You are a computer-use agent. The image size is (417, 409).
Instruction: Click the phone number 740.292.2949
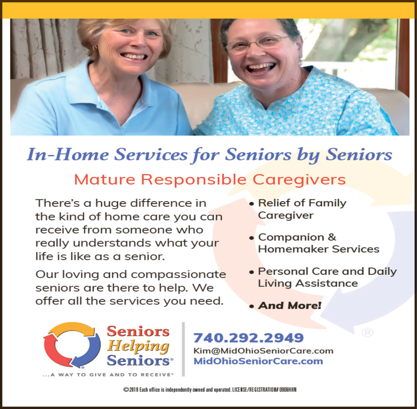click(x=249, y=338)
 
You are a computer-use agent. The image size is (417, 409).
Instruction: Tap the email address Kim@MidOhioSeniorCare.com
click(x=263, y=351)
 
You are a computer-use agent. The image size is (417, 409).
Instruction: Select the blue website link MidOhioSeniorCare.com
click(x=258, y=361)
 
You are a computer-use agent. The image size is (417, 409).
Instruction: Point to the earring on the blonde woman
click(x=94, y=48)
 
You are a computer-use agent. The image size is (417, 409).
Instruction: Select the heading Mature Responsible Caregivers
click(x=210, y=180)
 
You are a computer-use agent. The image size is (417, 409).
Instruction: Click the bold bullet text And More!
click(x=290, y=306)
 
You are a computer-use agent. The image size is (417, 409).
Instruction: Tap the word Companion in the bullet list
click(x=291, y=237)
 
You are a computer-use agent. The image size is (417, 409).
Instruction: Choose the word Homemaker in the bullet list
click(x=294, y=249)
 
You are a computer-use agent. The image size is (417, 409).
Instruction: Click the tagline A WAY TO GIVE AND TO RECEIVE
click(x=108, y=375)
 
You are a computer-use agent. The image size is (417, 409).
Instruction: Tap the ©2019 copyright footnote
click(x=210, y=389)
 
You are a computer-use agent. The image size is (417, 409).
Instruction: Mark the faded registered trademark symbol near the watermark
click(x=367, y=332)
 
